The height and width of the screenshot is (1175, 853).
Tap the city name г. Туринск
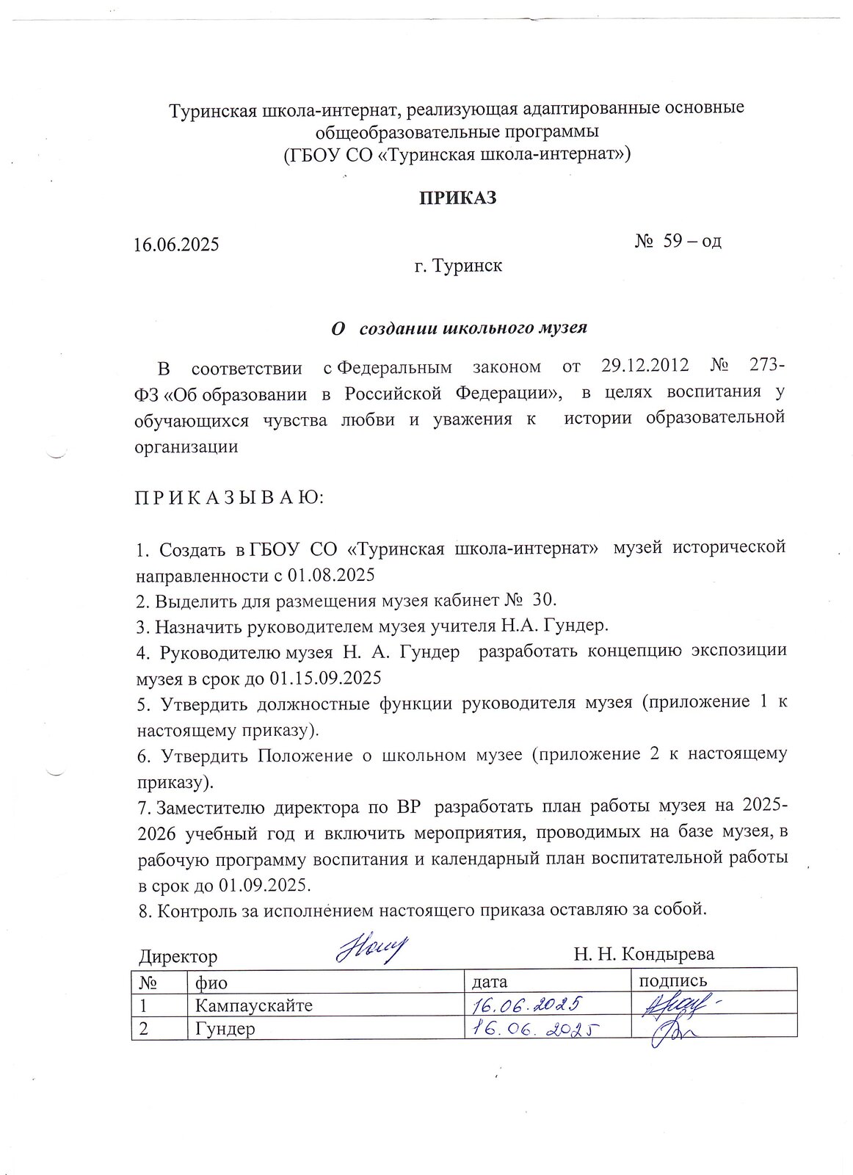click(457, 265)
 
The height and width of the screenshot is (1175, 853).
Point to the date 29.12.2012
click(647, 366)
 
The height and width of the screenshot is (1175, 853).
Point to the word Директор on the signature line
click(178, 957)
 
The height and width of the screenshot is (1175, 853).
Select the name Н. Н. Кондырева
click(644, 954)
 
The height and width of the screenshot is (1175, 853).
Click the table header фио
click(210, 983)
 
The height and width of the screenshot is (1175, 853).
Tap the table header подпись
click(672, 980)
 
